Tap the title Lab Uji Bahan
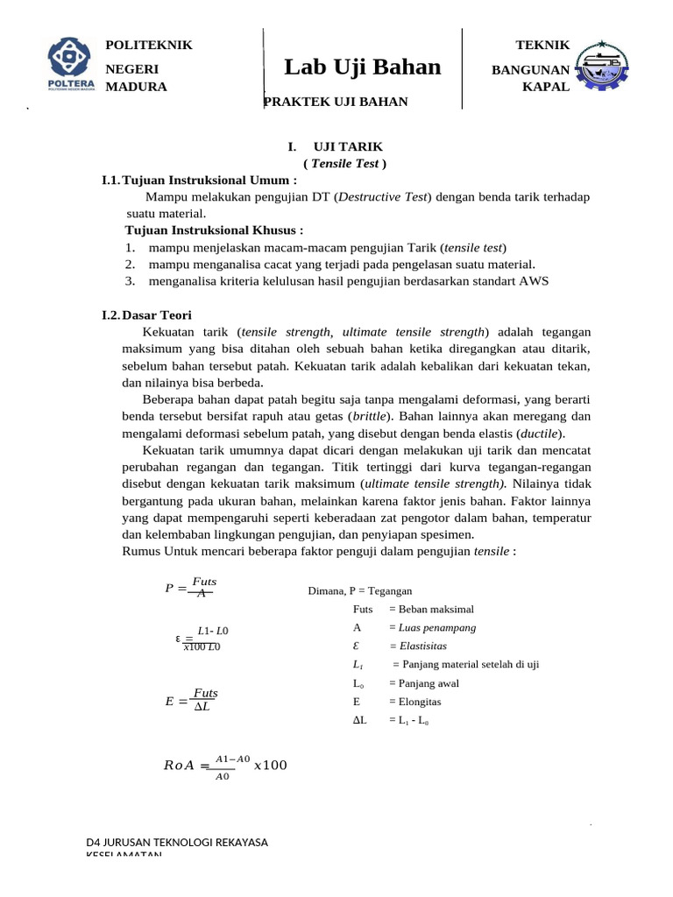point(362,67)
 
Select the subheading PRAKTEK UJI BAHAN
point(336,102)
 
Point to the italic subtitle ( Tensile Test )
point(344,163)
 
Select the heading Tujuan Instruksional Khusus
point(215,230)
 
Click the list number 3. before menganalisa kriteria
point(130,280)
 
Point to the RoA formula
point(225,766)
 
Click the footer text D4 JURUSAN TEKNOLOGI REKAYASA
point(177,843)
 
